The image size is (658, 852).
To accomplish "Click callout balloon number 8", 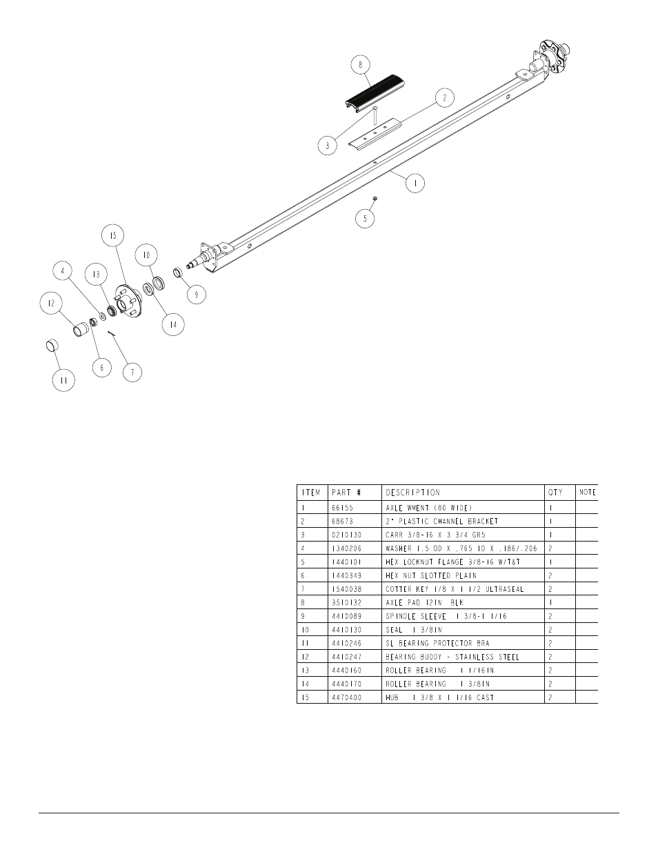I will [360, 66].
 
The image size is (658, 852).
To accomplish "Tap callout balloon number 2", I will [444, 98].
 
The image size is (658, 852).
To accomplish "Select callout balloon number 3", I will [328, 145].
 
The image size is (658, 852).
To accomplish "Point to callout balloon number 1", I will [415, 183].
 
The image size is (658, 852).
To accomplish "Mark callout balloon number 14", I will [172, 324].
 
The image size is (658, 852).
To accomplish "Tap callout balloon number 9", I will [196, 294].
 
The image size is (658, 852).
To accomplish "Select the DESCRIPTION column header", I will [412, 493].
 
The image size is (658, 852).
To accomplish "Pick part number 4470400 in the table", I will [346, 697].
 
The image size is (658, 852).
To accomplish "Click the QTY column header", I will [555, 493].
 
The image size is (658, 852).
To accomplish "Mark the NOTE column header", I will [588, 493].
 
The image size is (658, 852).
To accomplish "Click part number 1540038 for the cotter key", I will [346, 589].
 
